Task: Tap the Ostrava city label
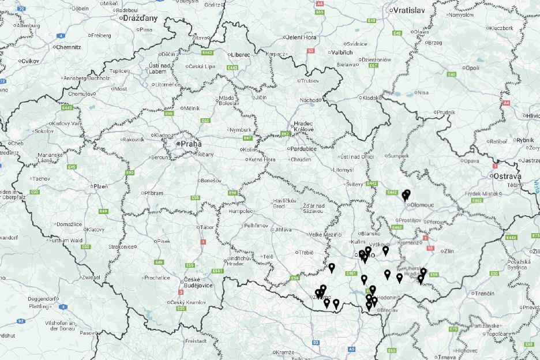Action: tap(505, 176)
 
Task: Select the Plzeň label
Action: tap(100, 186)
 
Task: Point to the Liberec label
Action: tap(241, 55)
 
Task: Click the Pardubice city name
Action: tap(302, 148)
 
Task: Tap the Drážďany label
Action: tap(140, 18)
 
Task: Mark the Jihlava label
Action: tap(283, 230)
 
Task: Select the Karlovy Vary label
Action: tap(67, 123)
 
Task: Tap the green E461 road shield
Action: tap(351, 273)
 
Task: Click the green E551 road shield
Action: tap(217, 271)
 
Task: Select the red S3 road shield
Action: tap(310, 51)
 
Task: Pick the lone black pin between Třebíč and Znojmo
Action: tap(332, 268)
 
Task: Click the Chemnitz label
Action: tap(68, 47)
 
